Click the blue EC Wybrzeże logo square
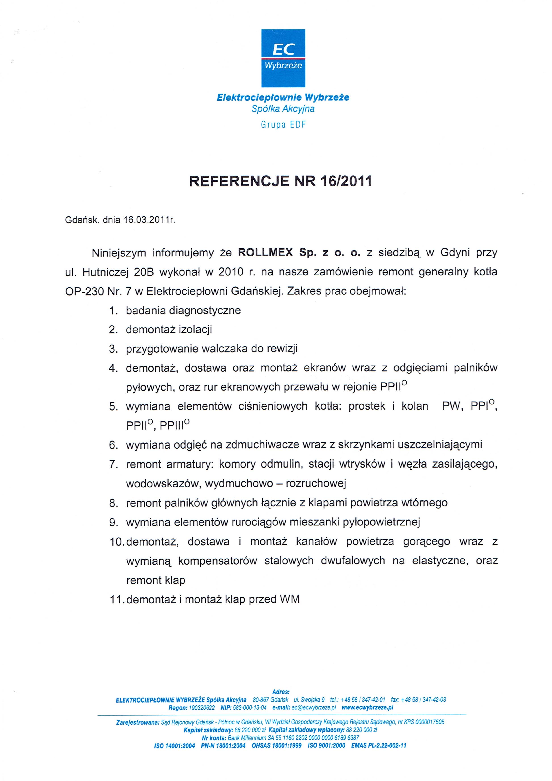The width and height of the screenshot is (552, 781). (283, 58)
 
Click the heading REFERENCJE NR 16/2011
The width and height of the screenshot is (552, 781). (280, 181)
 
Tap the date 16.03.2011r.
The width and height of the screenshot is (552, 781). (149, 220)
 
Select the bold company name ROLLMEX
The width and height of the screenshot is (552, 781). (265, 253)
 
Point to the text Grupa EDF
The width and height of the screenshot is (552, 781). (283, 125)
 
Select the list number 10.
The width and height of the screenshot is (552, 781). (117, 542)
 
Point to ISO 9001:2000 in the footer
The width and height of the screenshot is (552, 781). (326, 746)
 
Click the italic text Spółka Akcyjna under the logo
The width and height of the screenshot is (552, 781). (283, 109)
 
